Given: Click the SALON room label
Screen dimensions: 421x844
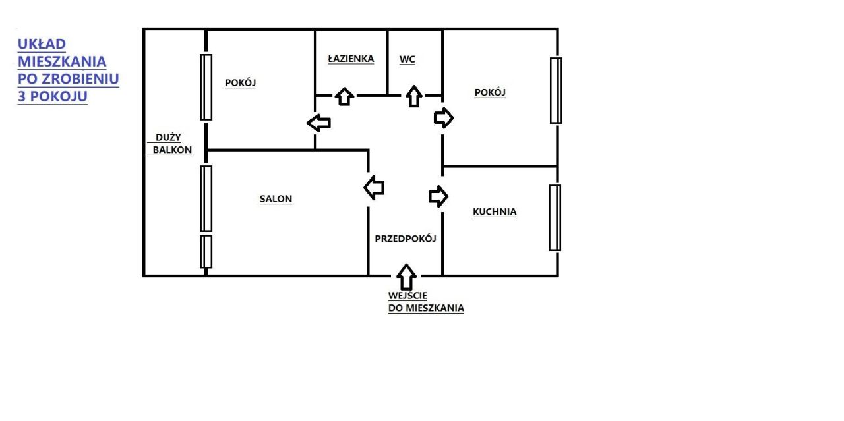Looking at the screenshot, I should click(x=276, y=199).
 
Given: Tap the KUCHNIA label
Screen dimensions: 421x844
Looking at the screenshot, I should click(x=495, y=212).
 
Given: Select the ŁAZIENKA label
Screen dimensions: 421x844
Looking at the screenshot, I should click(x=351, y=59).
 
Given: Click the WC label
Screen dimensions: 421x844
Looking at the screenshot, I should click(x=407, y=59).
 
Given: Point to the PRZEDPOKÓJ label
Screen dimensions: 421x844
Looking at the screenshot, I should click(x=406, y=239).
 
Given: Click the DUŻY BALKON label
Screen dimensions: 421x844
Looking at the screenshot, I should click(x=171, y=144).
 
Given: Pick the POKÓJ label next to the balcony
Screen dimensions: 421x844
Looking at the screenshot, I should click(x=240, y=83).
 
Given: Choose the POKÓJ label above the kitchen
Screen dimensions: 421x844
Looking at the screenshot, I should click(x=490, y=93).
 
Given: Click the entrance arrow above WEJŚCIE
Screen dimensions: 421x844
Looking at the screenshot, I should click(x=407, y=275).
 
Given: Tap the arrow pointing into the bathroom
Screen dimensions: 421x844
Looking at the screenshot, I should click(x=344, y=96).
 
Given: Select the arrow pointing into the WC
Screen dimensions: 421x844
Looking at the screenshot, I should click(x=413, y=96).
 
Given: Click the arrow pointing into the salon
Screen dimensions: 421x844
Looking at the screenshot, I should click(x=374, y=187).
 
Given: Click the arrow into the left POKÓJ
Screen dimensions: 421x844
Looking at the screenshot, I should click(x=318, y=123).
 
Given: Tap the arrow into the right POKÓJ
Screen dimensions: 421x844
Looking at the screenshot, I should click(x=444, y=118).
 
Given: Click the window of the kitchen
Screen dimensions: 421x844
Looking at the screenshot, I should click(x=555, y=217).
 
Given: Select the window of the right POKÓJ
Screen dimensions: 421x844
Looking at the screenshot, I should click(x=556, y=90).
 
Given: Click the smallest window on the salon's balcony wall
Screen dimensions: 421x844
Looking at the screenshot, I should click(x=206, y=251).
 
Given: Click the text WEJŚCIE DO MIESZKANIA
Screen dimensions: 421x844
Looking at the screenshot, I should click(x=426, y=302).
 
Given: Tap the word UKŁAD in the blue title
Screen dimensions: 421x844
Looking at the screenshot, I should click(x=42, y=44).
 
